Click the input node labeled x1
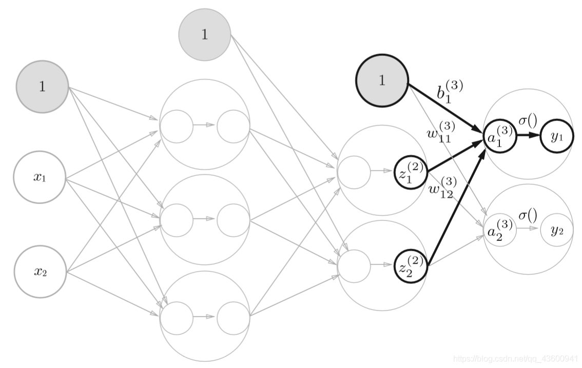pyautogui.click(x=40, y=177)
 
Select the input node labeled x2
pyautogui.click(x=41, y=272)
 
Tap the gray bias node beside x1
pyautogui.click(x=42, y=87)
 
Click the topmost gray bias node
pyautogui.click(x=204, y=34)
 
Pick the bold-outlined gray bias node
pyautogui.click(x=382, y=80)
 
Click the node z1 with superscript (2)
pyautogui.click(x=411, y=172)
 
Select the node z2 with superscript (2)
pyautogui.click(x=411, y=266)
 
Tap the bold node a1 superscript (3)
pyautogui.click(x=500, y=136)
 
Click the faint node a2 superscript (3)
pyautogui.click(x=500, y=230)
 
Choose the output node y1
pyautogui.click(x=557, y=136)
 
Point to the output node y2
pyautogui.click(x=557, y=230)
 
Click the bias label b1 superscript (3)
pyautogui.click(x=450, y=92)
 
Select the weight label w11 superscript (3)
pyautogui.click(x=441, y=132)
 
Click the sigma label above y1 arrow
pyautogui.click(x=528, y=120)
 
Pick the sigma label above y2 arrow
pyautogui.click(x=528, y=215)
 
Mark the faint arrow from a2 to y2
pyautogui.click(x=528, y=228)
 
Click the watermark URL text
pyautogui.click(x=516, y=358)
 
